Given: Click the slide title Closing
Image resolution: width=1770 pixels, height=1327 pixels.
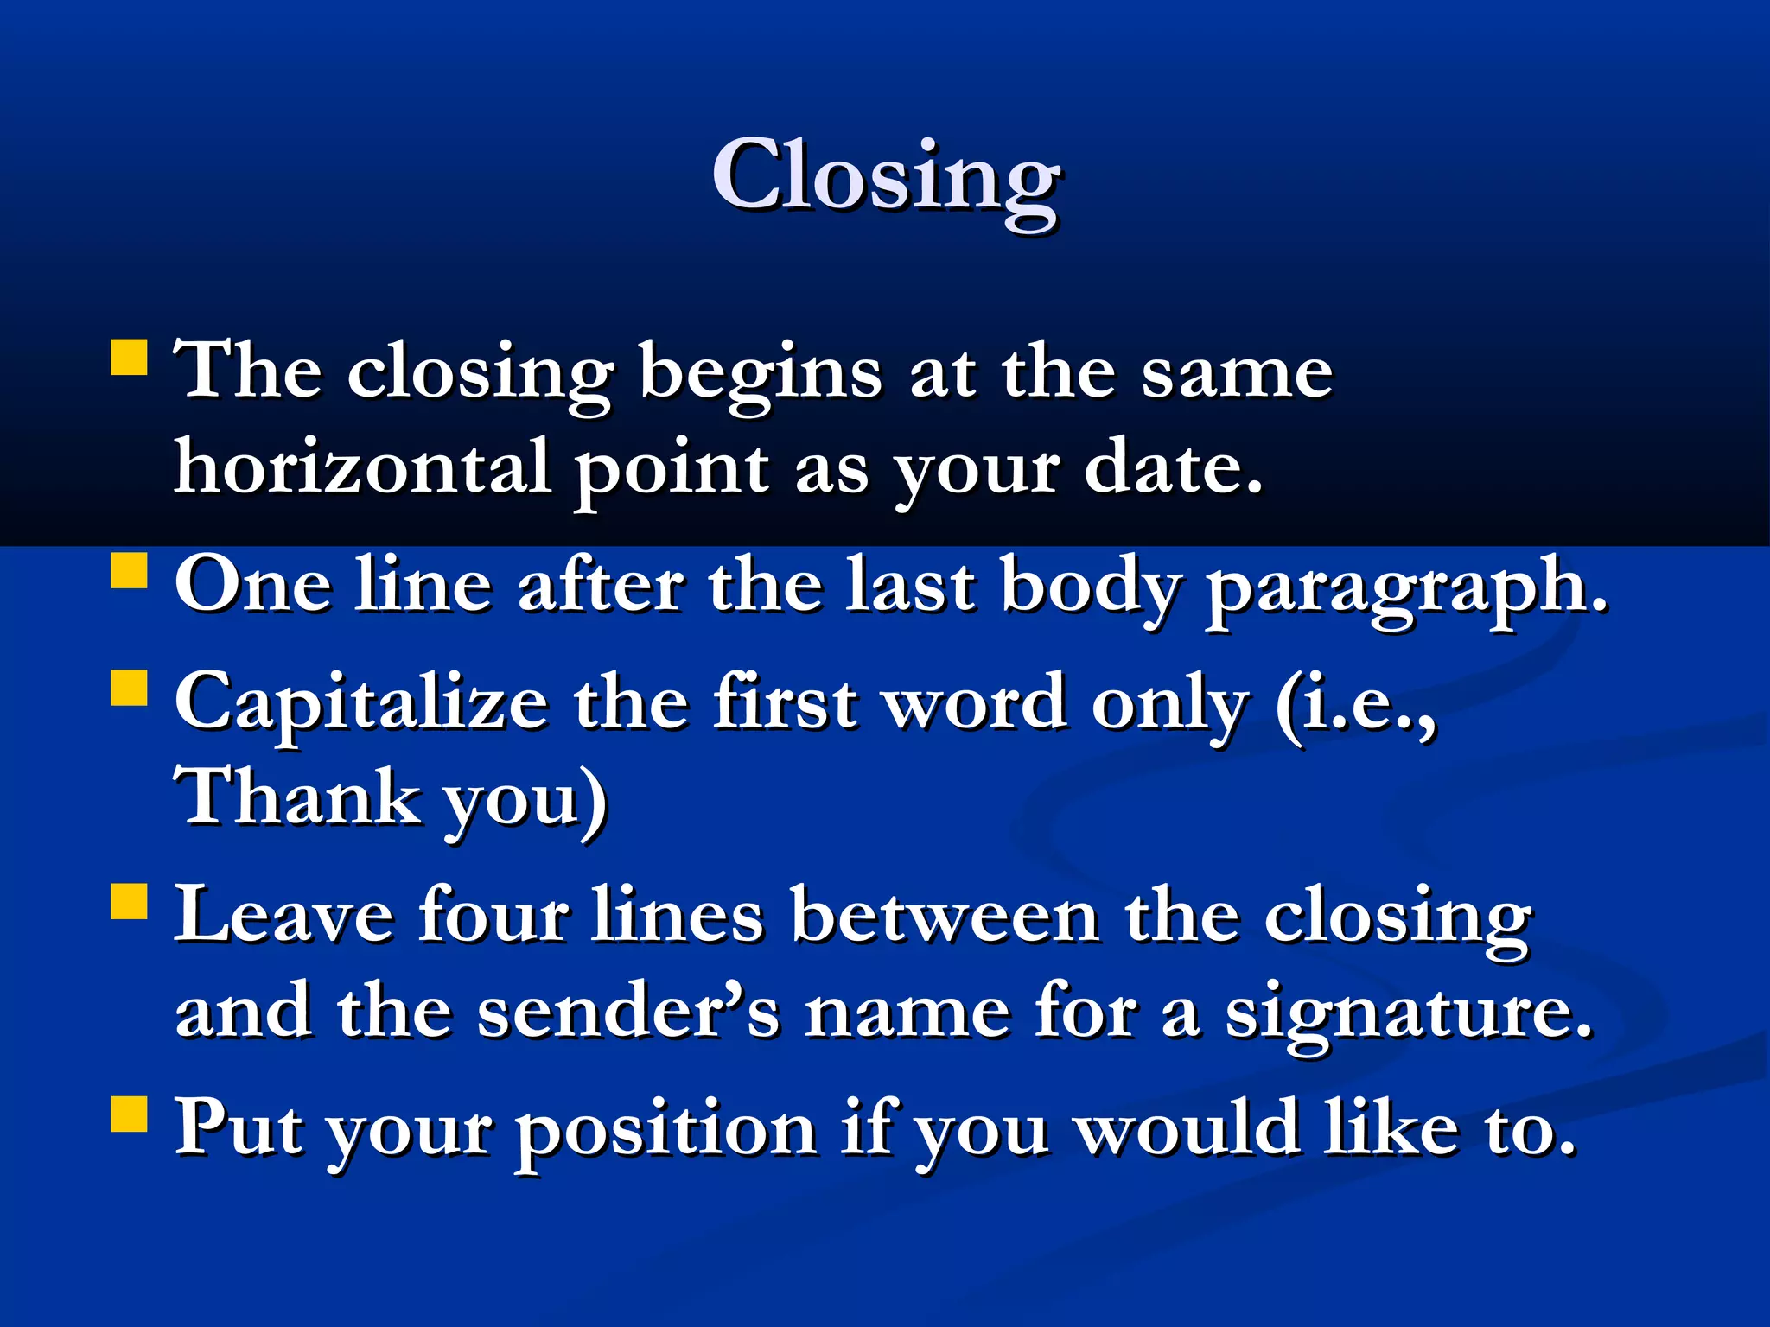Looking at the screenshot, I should click(886, 177).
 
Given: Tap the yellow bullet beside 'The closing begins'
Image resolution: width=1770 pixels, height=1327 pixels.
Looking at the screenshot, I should click(130, 356).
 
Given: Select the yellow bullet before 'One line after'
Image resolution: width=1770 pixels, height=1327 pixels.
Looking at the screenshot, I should click(130, 570).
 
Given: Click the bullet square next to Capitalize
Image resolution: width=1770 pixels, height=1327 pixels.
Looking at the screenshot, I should click(130, 688).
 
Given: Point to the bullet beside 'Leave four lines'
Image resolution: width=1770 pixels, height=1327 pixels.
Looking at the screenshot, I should click(130, 900).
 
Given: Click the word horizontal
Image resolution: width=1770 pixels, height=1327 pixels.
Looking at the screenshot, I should click(363, 467).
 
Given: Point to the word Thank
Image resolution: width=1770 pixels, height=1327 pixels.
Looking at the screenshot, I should click(296, 797).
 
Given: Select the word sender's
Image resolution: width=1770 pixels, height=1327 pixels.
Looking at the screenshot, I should click(628, 1011).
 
